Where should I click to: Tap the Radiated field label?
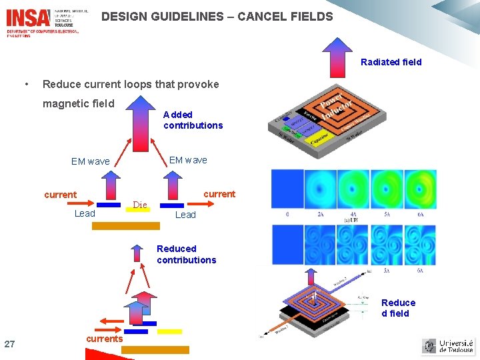point(391,62)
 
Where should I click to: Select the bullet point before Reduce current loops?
point(25,85)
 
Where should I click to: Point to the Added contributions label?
point(193,120)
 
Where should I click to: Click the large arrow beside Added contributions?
point(141,123)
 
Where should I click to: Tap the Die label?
point(139,204)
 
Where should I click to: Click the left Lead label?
point(85,213)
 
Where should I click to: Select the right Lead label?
point(185,215)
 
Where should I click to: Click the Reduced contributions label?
point(186,254)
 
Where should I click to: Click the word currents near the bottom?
point(105,339)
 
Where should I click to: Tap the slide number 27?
point(9,344)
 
